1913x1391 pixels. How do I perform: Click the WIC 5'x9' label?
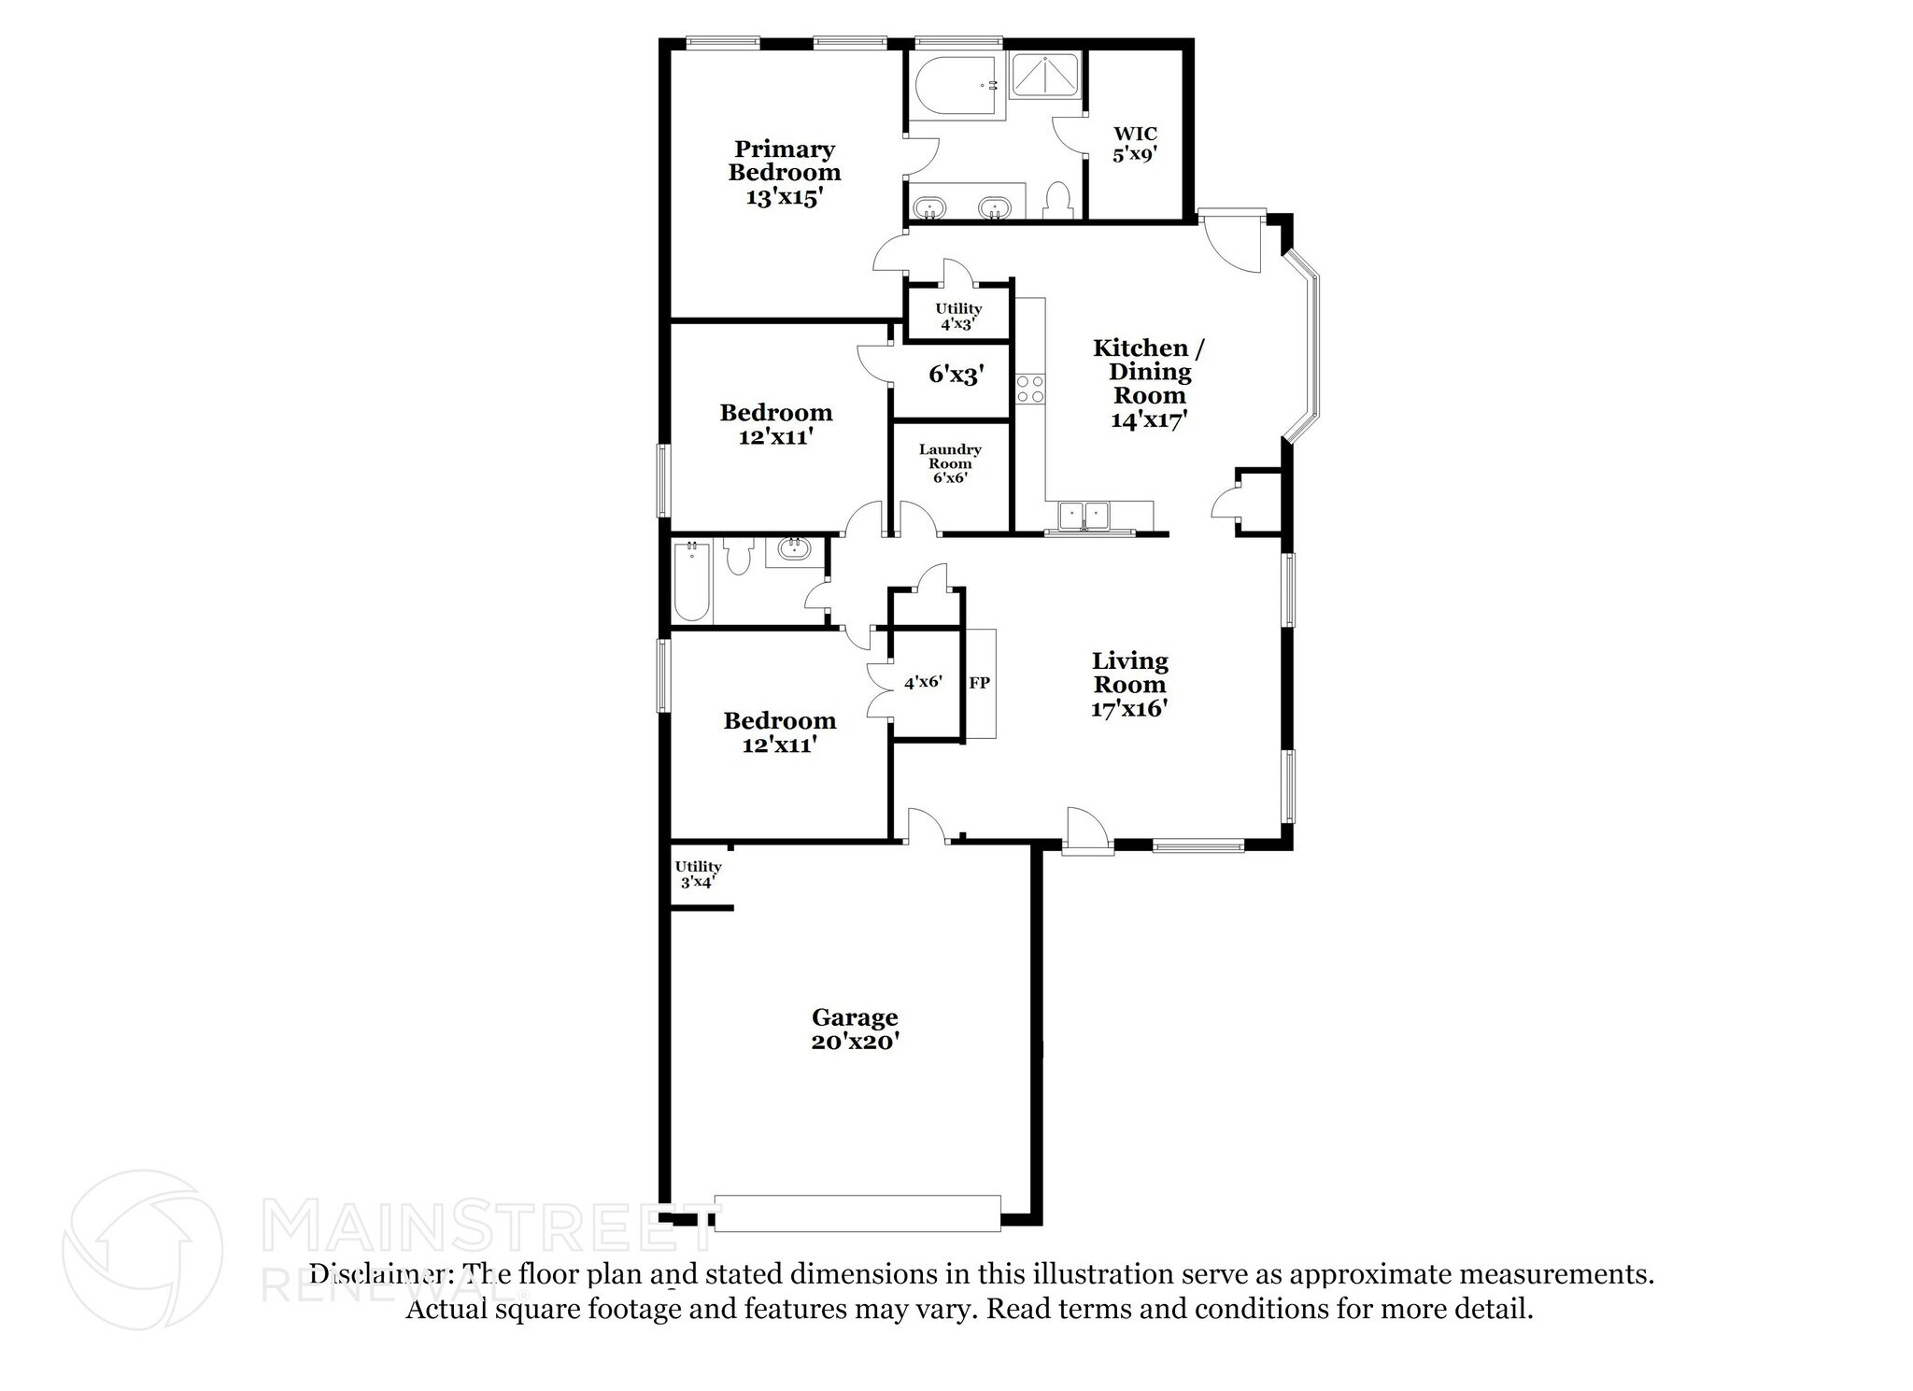1135,144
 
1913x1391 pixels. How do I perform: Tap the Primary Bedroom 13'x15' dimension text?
784,197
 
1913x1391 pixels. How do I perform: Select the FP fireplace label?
979,683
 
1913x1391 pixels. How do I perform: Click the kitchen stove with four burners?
1029,390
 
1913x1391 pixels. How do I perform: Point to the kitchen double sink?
1084,515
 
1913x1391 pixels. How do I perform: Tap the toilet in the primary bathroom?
1057,201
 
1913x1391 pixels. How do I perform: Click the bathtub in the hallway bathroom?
691,582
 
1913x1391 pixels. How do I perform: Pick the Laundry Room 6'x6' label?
950,463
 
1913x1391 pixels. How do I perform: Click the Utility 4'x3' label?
958,317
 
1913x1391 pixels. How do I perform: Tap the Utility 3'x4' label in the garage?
698,873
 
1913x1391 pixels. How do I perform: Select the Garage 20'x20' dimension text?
855,1042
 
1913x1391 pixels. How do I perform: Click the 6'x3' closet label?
956,375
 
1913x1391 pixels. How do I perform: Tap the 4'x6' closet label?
923,682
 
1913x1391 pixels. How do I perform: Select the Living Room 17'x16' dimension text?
1129,708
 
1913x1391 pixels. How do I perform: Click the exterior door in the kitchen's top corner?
1231,241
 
